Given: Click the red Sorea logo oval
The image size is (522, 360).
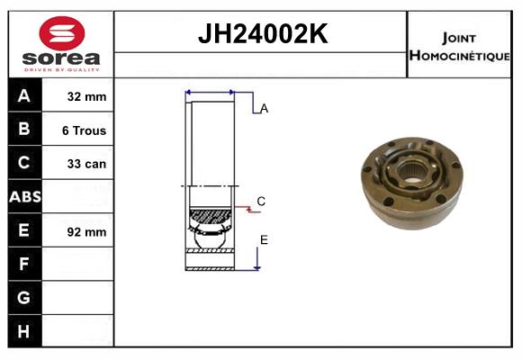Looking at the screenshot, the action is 62,33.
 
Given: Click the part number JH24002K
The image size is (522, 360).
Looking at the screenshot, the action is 263,33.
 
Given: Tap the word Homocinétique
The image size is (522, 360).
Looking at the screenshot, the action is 460,56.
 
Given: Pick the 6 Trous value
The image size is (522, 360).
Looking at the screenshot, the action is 84,130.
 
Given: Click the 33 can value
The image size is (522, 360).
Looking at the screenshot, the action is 86,164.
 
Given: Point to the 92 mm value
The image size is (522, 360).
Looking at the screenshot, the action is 86,232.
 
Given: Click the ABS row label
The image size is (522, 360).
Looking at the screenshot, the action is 25,196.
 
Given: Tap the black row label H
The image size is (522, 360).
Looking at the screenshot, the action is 24,331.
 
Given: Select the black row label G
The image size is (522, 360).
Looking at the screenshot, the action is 24,297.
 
